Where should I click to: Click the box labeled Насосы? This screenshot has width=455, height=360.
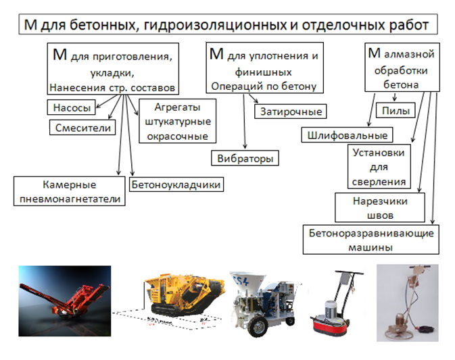pyautogui.click(x=72, y=107)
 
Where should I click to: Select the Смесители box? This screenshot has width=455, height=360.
pyautogui.click(x=82, y=128)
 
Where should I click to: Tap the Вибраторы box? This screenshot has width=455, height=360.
pyautogui.click(x=245, y=158)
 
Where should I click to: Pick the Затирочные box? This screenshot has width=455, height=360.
pyautogui.click(x=291, y=111)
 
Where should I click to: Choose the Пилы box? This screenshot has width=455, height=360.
pyautogui.click(x=396, y=110)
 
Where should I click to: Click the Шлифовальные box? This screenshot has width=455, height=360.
pyautogui.click(x=347, y=135)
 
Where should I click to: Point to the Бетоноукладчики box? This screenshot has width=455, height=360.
pyautogui.click(x=176, y=184)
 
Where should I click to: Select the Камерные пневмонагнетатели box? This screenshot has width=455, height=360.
pyautogui.click(x=70, y=191)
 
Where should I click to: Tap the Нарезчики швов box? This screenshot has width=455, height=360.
pyautogui.click(x=380, y=208)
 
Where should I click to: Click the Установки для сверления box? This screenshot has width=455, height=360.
pyautogui.click(x=379, y=167)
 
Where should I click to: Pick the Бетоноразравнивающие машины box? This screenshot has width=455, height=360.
pyautogui.click(x=371, y=240)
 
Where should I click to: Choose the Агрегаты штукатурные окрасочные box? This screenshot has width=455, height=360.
pyautogui.click(x=178, y=121)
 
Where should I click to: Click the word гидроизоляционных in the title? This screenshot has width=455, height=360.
pyautogui.click(x=215, y=24)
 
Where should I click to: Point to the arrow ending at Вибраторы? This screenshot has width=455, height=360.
pyautogui.click(x=245, y=122)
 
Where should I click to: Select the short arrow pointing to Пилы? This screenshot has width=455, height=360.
pyautogui.click(x=394, y=97)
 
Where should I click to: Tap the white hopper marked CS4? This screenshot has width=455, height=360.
pyautogui.click(x=248, y=282)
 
